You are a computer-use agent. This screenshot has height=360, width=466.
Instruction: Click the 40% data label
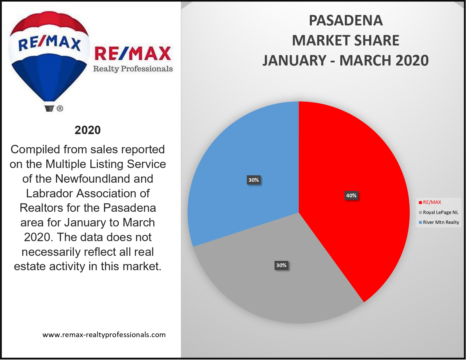click(x=351, y=196)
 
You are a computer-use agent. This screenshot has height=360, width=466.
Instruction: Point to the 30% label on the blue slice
click(x=254, y=180)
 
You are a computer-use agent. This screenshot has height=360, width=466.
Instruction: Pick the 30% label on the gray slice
click(x=281, y=265)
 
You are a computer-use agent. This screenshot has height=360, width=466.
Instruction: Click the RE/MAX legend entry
click(x=432, y=202)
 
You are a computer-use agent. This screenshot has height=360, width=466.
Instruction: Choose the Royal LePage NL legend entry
click(x=440, y=213)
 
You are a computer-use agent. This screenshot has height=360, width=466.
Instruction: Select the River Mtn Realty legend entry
click(x=441, y=222)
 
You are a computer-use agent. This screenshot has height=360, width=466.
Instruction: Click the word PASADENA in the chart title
click(x=346, y=21)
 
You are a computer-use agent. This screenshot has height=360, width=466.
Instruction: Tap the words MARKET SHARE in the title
click(x=346, y=41)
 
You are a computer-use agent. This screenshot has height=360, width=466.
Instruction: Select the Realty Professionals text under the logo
click(x=133, y=69)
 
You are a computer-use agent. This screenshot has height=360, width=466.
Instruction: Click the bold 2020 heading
click(x=88, y=130)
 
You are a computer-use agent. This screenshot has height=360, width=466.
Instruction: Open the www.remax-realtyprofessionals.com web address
click(x=104, y=335)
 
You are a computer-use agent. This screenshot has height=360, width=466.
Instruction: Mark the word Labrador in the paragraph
click(x=50, y=193)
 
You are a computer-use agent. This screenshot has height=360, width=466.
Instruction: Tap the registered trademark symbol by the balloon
click(x=60, y=108)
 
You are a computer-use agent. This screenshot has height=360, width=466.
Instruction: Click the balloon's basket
click(x=49, y=108)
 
